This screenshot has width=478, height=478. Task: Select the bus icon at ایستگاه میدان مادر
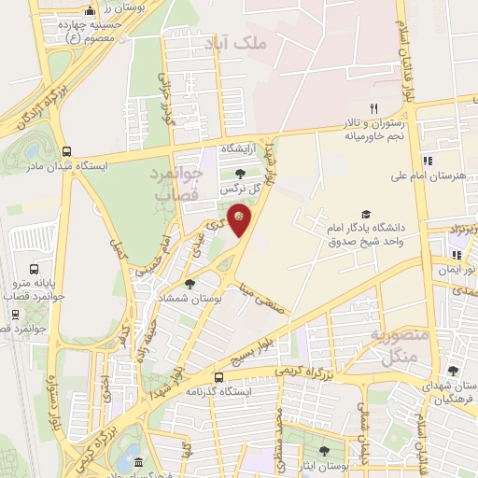(65, 151)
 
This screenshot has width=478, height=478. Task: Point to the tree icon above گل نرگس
(240, 173)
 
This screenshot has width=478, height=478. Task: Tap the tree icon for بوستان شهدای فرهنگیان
(452, 371)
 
